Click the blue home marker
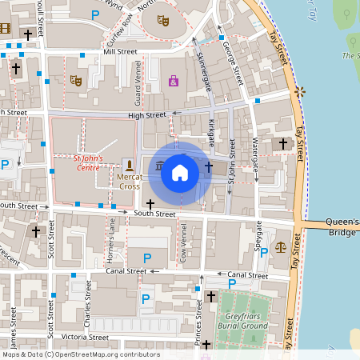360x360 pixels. [180, 172]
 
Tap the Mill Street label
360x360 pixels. [119, 52]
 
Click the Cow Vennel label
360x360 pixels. [183, 239]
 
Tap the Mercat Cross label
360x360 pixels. [129, 181]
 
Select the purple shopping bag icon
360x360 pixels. [174, 81]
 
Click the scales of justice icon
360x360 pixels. [280, 246]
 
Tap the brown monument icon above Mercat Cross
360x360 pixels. [129, 164]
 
